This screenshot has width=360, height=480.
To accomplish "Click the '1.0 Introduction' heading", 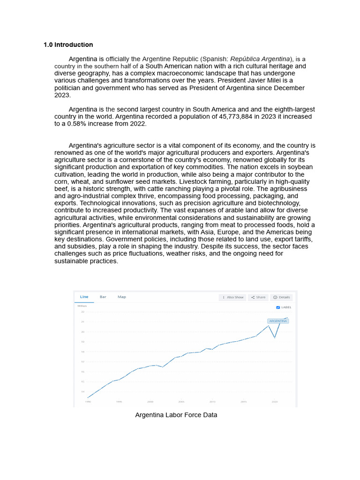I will [68, 45].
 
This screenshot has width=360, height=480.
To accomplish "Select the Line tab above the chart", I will [84, 297].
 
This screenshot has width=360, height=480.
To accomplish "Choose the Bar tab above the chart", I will [103, 297].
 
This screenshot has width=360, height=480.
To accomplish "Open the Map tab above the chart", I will [122, 297].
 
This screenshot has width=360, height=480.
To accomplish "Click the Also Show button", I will [233, 297].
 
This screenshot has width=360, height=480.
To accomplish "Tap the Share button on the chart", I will [258, 297].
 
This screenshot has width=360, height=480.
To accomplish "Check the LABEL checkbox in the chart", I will [278, 307].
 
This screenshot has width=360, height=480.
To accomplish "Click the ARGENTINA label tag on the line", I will [277, 321].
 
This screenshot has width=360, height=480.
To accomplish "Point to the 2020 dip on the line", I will [275, 337].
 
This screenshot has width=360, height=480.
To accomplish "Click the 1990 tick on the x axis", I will [88, 402].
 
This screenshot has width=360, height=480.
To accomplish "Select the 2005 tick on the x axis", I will [181, 402].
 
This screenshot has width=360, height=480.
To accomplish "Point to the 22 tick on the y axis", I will [82, 312].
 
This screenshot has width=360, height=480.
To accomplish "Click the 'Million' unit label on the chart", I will [82, 306].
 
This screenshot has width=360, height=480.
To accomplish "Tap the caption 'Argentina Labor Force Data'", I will [176, 415].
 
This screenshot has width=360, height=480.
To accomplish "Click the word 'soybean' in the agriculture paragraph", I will [297, 167].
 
